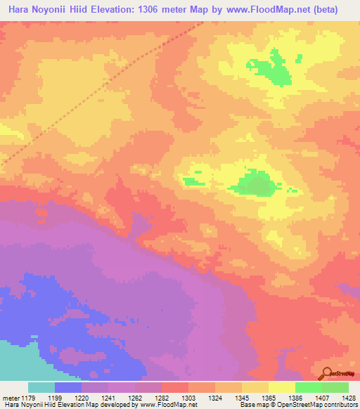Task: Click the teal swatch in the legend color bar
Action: click(41, 387)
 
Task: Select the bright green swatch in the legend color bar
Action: click(308, 387)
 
